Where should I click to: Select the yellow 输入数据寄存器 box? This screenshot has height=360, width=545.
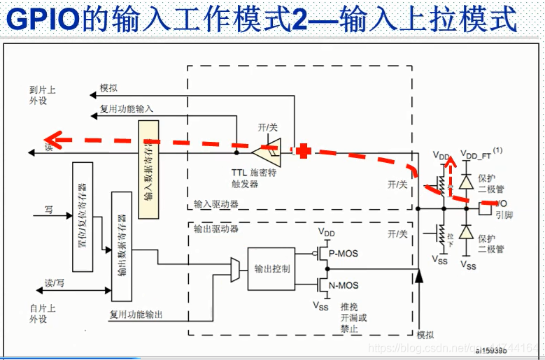pyautogui.click(x=148, y=168)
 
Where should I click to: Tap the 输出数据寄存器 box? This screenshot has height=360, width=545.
pyautogui.click(x=122, y=245)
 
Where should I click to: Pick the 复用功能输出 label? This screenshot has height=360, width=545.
pyautogui.click(x=136, y=315)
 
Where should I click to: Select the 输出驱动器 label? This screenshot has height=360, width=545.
pyautogui.click(x=217, y=228)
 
